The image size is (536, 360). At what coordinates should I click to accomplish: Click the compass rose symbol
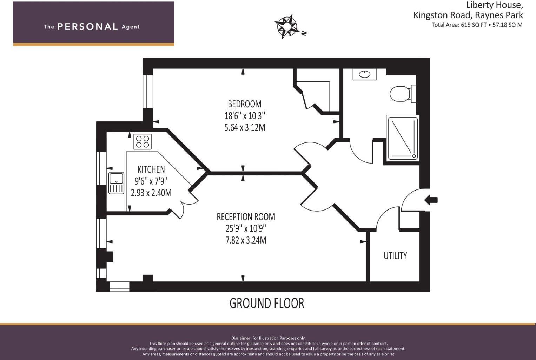(x=287, y=26)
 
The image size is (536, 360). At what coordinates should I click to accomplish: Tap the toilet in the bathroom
(x=402, y=94)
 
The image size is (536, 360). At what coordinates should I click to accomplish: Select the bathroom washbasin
(x=365, y=74)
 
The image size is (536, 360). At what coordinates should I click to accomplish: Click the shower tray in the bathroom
(x=403, y=138)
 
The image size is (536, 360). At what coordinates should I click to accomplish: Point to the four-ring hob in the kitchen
(x=143, y=142)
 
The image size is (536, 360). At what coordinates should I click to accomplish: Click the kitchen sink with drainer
(x=116, y=183)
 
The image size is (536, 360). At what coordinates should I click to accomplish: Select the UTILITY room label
(x=395, y=256)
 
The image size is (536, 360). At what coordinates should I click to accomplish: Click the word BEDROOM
(x=245, y=104)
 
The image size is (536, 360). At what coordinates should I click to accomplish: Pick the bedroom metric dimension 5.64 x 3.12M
(x=245, y=127)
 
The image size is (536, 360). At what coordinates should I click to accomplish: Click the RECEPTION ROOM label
(x=246, y=217)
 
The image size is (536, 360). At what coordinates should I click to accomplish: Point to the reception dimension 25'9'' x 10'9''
(x=246, y=228)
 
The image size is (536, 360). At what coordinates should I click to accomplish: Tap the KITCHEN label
(x=151, y=169)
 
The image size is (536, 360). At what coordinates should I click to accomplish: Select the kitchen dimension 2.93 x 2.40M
(x=151, y=193)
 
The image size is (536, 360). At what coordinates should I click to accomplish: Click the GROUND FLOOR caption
(x=267, y=303)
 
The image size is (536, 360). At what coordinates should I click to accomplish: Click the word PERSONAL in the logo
(x=87, y=27)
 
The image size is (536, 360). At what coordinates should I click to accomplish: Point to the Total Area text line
(x=477, y=25)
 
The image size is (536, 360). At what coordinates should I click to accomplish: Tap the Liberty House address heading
(x=494, y=5)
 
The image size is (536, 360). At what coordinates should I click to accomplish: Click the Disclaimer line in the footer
(x=268, y=338)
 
